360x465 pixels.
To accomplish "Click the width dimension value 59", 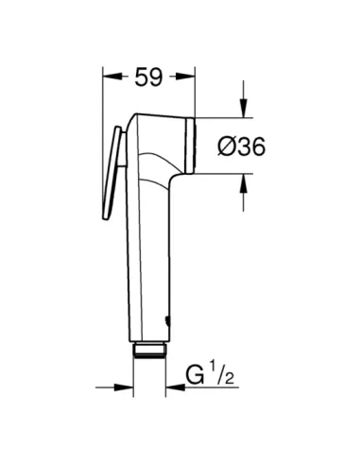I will (x=147, y=79).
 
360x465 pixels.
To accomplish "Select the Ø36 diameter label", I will (x=240, y=146).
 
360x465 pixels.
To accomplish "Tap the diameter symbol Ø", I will (x=226, y=146).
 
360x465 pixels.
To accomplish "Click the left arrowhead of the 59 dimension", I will (x=108, y=79).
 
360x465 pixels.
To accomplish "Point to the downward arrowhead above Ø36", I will (x=243, y=111).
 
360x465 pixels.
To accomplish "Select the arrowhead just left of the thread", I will (x=127, y=386).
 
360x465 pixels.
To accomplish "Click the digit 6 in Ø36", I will (x=254, y=146).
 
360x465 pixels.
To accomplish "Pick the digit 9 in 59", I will (x=157, y=79).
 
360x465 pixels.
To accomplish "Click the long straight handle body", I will (x=146, y=255).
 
